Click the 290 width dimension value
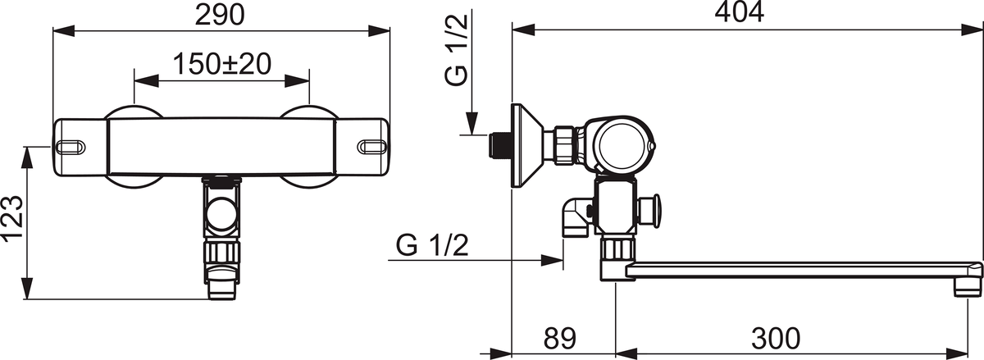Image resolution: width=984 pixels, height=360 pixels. tap(220, 16)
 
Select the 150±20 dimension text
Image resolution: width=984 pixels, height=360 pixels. tap(222, 64)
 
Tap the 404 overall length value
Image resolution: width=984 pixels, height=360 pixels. tap(740, 12)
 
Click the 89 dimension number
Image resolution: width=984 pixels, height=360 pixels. tap(559, 339)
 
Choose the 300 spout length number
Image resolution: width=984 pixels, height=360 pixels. tap(776, 339)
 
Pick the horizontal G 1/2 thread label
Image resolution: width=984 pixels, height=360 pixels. tap(432, 245)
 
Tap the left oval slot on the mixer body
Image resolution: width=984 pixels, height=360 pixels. tap(71, 147)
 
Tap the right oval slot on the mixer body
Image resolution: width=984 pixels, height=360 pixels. tap(373, 147)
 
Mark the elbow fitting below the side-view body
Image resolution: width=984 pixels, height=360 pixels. tap(576, 216)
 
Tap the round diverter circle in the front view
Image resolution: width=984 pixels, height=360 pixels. tap(222, 215)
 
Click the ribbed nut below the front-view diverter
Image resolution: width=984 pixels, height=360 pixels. tap(222, 253)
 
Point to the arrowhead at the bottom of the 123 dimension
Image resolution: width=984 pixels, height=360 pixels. tap(28, 288)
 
